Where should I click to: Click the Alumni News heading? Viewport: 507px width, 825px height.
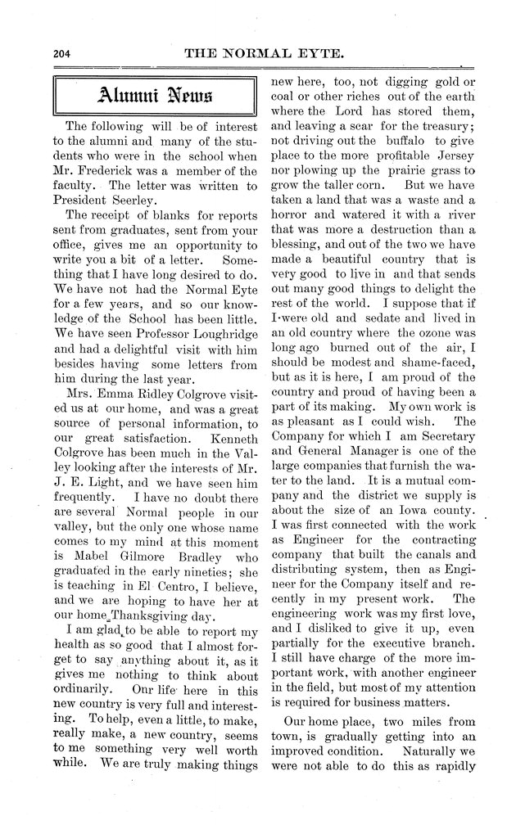point(158,96)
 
